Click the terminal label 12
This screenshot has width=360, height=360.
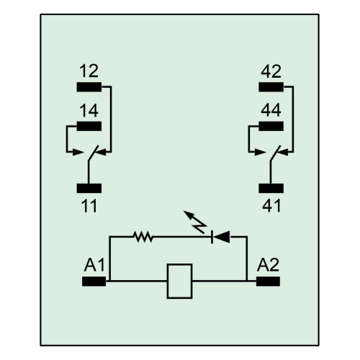89,71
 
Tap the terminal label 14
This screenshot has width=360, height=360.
89,110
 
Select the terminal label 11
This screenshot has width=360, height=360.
89,206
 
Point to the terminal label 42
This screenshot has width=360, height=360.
271,71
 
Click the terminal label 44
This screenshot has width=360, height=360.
271,110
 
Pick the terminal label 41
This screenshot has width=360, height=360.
271,206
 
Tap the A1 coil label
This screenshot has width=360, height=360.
94,265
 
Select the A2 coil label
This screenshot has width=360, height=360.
268,265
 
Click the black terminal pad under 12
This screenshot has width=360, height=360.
89,87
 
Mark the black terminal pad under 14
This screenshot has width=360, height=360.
89,126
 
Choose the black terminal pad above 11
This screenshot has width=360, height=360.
89,189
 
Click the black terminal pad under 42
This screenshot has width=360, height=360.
271,87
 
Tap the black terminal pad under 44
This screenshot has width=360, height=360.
271,126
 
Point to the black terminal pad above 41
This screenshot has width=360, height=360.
271,189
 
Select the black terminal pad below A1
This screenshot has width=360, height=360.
94,282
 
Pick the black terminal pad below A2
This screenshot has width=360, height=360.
268,282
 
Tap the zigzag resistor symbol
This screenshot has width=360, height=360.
143,237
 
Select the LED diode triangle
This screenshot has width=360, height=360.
221,237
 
